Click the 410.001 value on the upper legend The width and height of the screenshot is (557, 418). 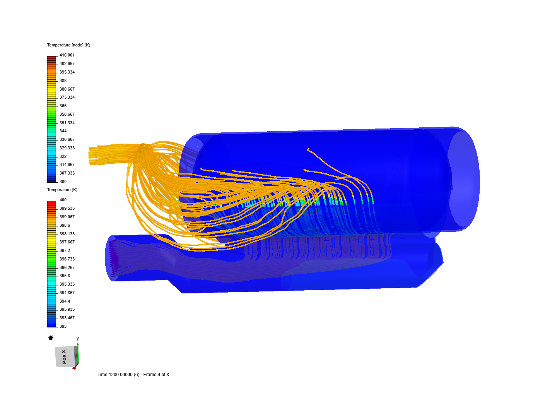pos(67,55)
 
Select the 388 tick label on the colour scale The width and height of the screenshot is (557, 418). pos(63,81)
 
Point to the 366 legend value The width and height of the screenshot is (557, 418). pos(63,106)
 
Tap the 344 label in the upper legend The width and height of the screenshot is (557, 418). pos(63,131)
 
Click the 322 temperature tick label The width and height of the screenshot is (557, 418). pos(63,156)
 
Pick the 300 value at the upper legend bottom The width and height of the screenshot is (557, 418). pos(63,182)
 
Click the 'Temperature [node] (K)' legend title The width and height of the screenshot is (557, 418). pos(68,45)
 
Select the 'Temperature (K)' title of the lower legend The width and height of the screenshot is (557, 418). pos(62,190)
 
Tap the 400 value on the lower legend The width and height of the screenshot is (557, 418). pos(63,200)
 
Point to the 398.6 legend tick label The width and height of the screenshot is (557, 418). pos(65,225)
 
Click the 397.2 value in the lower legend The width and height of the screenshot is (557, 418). pos(65,250)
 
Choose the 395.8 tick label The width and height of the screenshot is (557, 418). pos(65,276)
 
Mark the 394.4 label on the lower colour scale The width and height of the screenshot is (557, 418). pos(65,301)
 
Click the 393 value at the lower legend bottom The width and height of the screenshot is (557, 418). pos(63,326)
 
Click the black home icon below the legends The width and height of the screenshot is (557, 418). pos(51,338)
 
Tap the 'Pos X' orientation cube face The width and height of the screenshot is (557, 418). pos(64,356)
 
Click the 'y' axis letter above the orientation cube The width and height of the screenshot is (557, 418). pos(78,338)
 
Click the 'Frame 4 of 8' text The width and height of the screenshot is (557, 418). pos(156,375)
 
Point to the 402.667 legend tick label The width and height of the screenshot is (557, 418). pos(67,63)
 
